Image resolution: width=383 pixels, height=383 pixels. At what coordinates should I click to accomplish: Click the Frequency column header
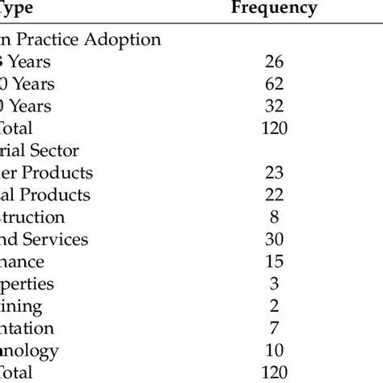274,9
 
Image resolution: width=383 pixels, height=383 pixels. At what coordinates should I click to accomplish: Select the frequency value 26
274,61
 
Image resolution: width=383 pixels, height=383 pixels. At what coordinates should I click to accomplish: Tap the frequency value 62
274,83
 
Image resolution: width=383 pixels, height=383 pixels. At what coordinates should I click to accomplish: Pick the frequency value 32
274,106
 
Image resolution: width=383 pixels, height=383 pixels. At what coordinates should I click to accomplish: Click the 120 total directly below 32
274,128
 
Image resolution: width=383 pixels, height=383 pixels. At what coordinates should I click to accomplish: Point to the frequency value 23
274,173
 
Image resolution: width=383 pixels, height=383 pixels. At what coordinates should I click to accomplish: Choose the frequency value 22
274,196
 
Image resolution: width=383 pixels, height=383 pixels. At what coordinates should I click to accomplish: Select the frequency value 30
274,240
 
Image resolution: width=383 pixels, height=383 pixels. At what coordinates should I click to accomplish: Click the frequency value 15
274,263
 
